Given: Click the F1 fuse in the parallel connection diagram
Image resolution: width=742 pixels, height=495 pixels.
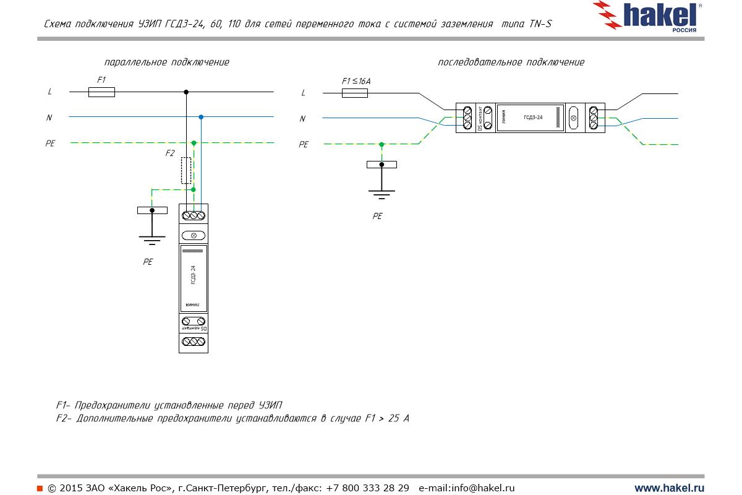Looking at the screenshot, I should coord(101,92).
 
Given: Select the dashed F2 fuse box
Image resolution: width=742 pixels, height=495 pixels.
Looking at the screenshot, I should coord(185,170).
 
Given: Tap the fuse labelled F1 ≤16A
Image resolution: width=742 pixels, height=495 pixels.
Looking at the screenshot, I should coord(355,93).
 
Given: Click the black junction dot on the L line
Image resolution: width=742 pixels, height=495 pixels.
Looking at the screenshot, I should coord(186,92).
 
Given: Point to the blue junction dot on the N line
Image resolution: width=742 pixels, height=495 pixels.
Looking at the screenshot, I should coord(201,116).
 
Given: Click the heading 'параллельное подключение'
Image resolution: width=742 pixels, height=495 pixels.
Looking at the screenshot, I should coord(166,62).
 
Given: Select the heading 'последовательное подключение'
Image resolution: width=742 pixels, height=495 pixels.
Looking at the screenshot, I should coord(511,62).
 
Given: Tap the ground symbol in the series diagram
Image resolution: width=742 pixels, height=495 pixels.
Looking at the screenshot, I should coord(382,179).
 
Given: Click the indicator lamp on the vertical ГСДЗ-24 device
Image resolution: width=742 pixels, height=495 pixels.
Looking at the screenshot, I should coord(194,235).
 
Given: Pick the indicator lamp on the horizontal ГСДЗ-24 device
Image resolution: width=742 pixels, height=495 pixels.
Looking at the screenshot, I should coord(573,118).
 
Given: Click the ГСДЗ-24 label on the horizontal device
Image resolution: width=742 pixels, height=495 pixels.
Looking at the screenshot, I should coord(533,117).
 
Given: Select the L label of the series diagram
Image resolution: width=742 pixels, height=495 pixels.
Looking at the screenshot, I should coord(303,93).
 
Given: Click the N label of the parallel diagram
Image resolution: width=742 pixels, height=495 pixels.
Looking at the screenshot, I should coord(49,117).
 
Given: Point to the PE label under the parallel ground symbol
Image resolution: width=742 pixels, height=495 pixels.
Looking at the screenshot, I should coord(148,262).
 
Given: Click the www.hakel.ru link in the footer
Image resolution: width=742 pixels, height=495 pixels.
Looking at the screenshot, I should coord(669,488).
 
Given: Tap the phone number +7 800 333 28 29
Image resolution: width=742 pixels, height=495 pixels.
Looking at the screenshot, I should coord(367,488).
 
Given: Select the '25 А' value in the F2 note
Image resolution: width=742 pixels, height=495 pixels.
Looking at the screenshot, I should coord(398,419).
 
